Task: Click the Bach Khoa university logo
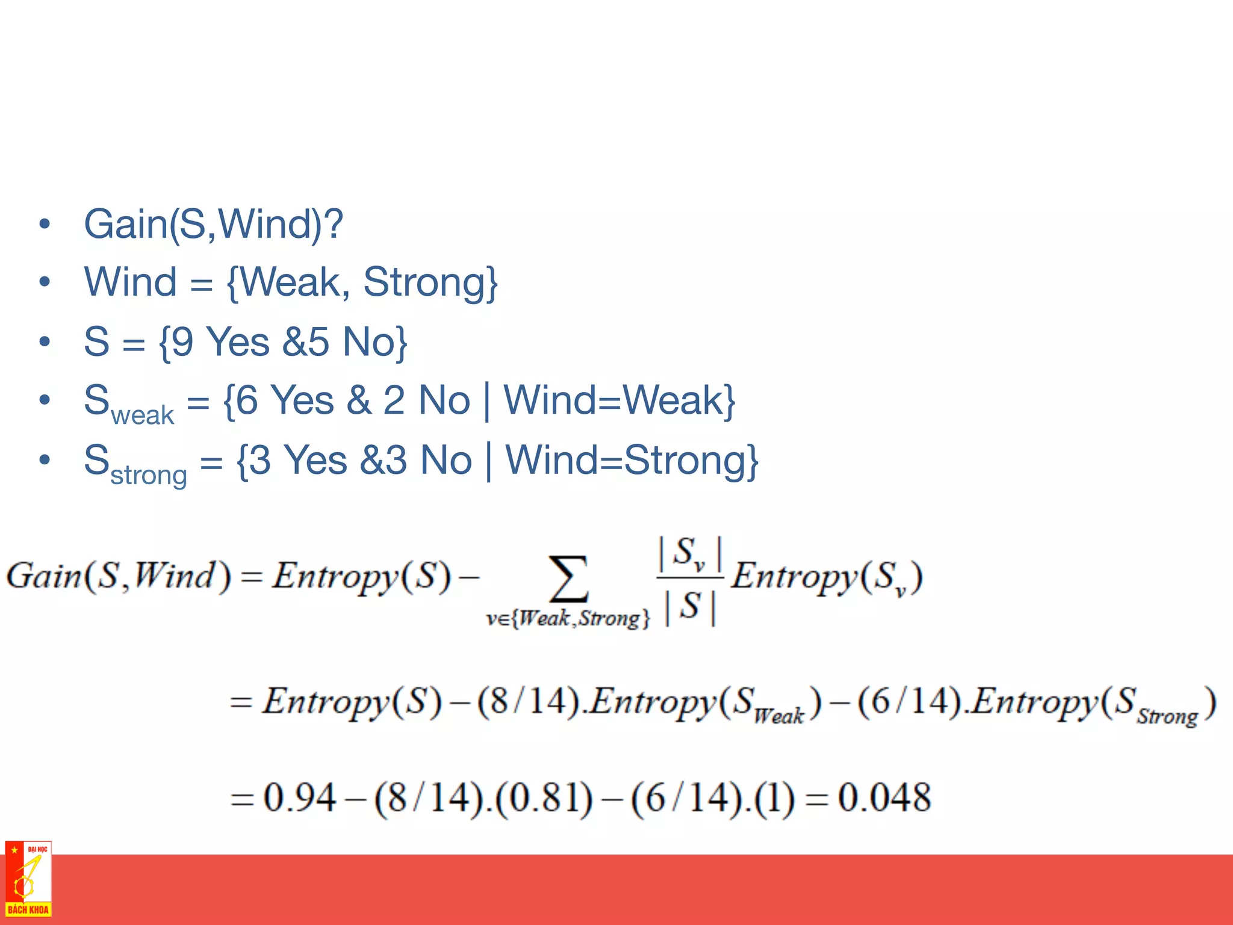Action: [28, 879]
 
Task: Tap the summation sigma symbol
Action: [568, 579]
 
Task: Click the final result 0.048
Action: [884, 797]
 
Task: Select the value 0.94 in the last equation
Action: [299, 797]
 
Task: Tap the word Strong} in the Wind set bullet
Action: [430, 282]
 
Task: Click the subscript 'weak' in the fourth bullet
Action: [142, 416]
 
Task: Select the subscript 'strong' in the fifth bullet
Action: [149, 475]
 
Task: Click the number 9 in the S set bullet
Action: [182, 342]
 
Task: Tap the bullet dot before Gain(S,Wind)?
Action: [45, 224]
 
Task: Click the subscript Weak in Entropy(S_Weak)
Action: [779, 715]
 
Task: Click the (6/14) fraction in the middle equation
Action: [908, 702]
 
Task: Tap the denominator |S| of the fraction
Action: [690, 607]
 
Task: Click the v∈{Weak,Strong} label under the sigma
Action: [568, 618]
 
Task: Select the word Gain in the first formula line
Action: [43, 576]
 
